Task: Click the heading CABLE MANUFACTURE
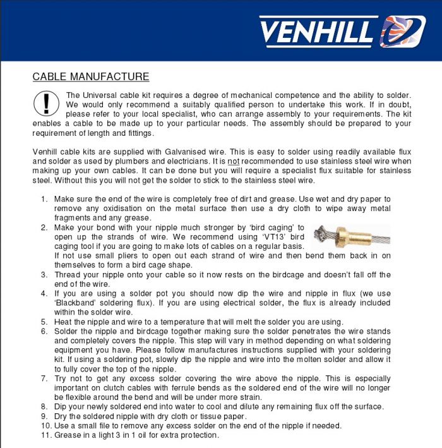(90, 77)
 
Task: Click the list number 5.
(44, 322)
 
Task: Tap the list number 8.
(44, 406)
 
